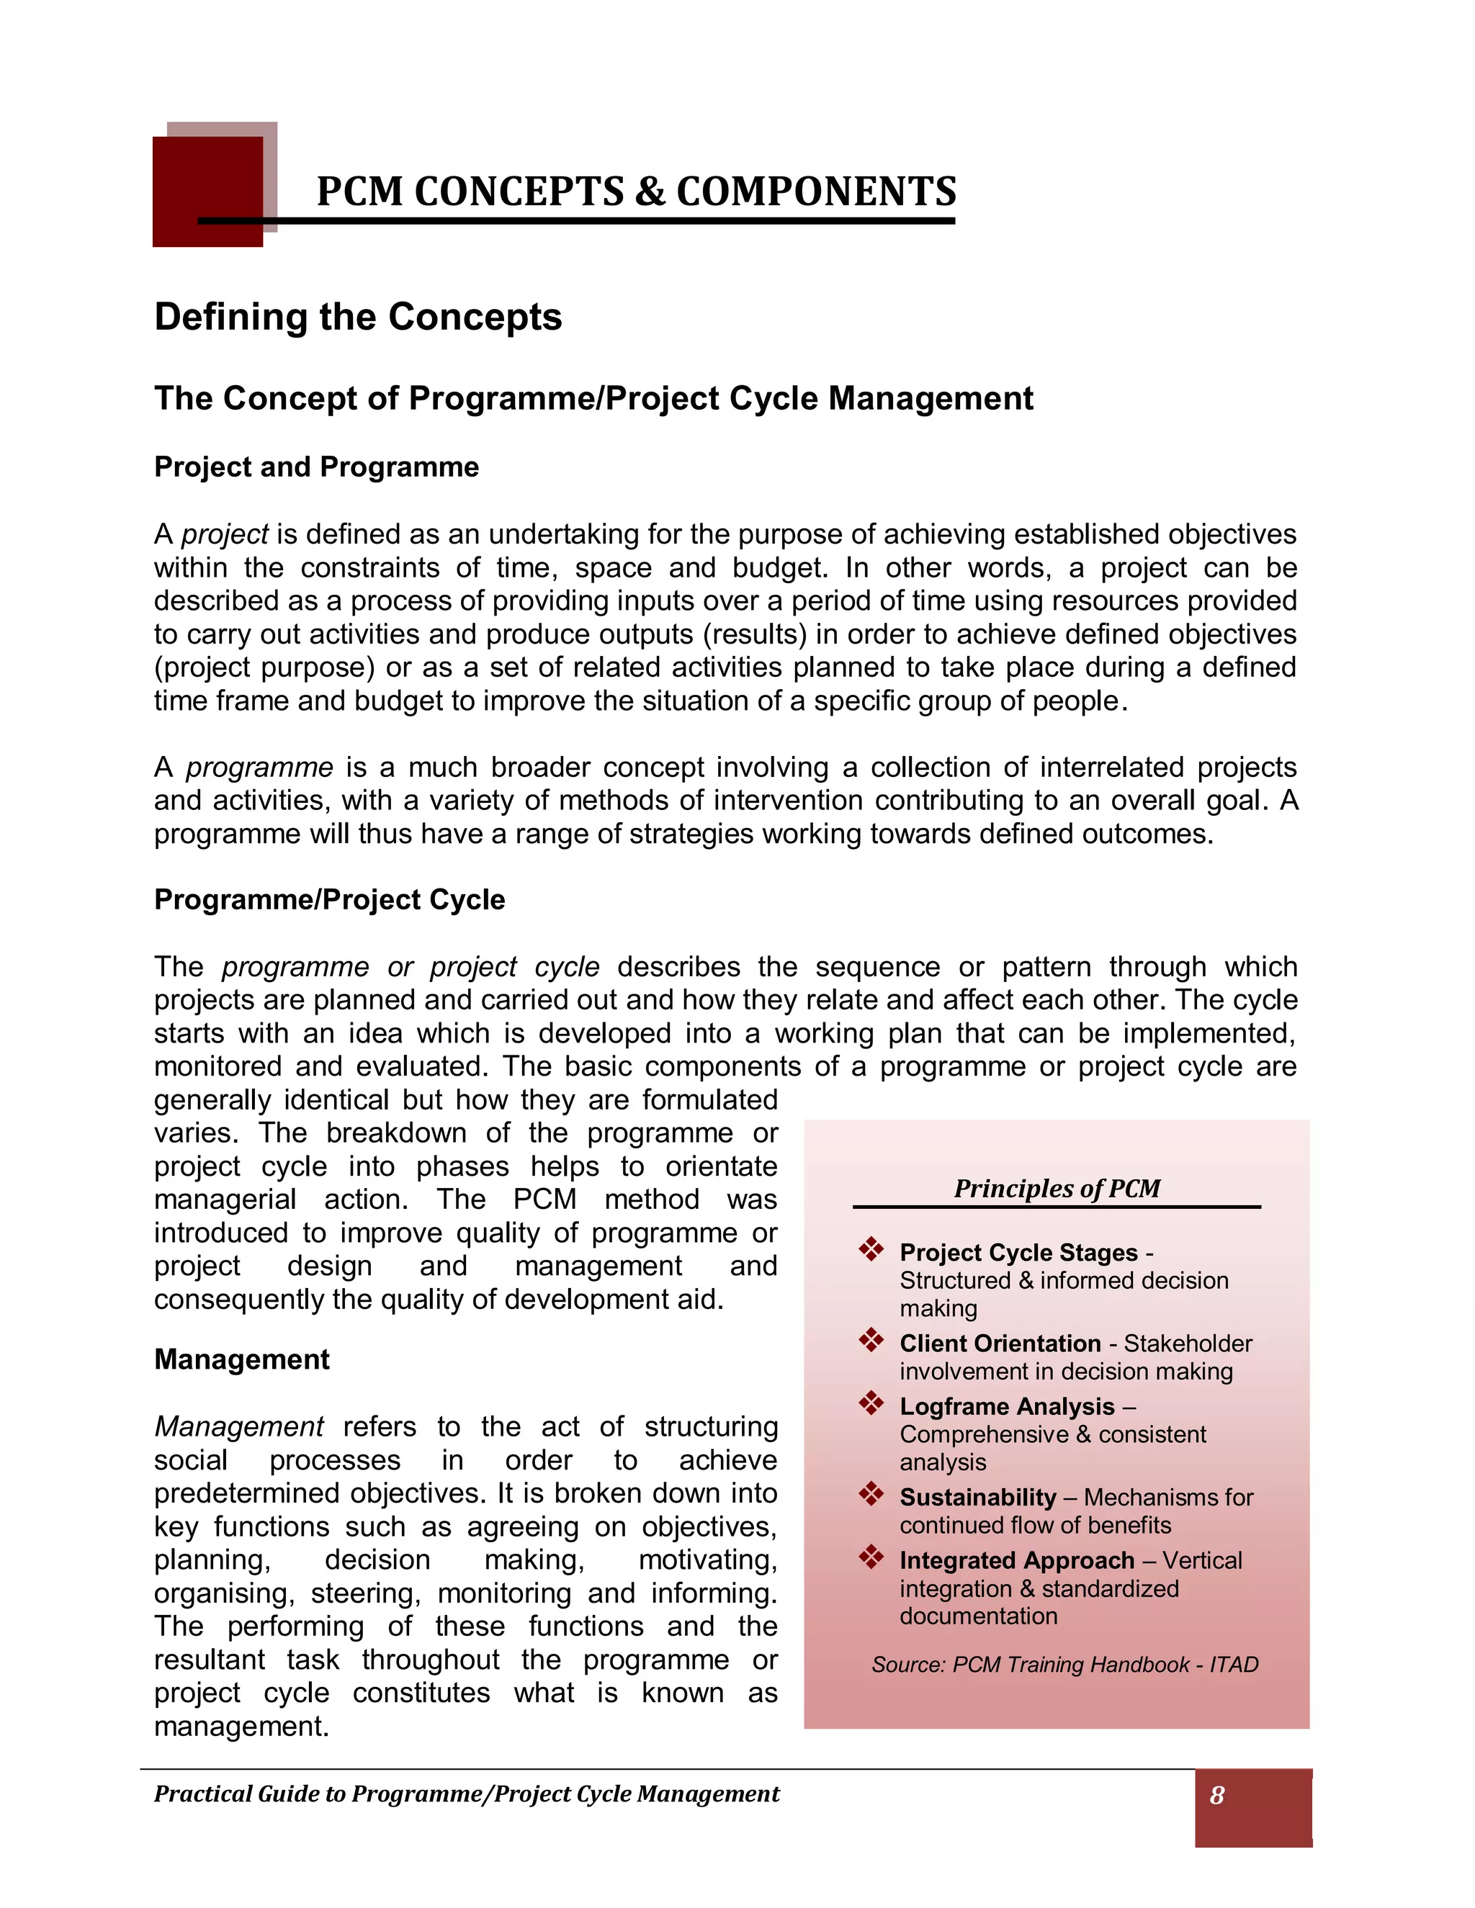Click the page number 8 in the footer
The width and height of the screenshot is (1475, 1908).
pos(1216,1795)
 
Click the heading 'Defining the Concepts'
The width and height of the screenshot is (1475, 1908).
pos(357,316)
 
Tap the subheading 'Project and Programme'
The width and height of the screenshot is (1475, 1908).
pos(316,467)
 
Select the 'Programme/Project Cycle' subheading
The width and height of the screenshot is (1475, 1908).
pos(329,899)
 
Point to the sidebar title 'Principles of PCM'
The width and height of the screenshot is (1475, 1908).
pos(1057,1188)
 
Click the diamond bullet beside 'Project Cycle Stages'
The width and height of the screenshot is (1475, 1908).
pos(871,1249)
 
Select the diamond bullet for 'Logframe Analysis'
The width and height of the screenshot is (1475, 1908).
pos(871,1403)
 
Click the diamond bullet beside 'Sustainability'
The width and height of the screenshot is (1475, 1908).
pos(871,1494)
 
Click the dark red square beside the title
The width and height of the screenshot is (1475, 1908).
pos(207,192)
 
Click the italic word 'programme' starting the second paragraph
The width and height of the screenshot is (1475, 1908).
pos(259,767)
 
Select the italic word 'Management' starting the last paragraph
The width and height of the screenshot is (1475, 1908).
pos(238,1426)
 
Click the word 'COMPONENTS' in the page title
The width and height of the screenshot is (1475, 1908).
pos(816,192)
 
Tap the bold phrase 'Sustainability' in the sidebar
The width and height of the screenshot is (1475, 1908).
pos(978,1497)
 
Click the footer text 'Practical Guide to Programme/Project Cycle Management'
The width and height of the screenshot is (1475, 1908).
pos(467,1794)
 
